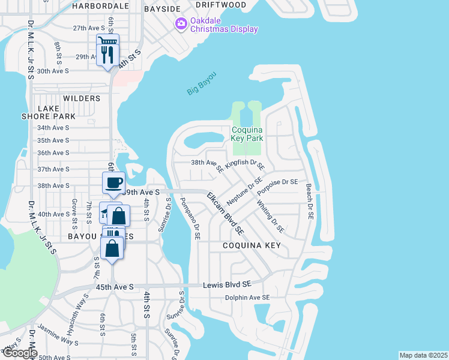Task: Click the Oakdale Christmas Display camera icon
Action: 180,23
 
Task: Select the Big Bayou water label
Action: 200,83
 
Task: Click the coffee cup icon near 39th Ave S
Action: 113,183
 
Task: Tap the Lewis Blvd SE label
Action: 226,284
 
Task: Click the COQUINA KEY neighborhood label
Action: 252,246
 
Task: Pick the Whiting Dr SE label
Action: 270,215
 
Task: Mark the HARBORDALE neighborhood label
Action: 100,6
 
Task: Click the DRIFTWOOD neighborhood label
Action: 221,5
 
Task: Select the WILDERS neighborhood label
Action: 81,98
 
